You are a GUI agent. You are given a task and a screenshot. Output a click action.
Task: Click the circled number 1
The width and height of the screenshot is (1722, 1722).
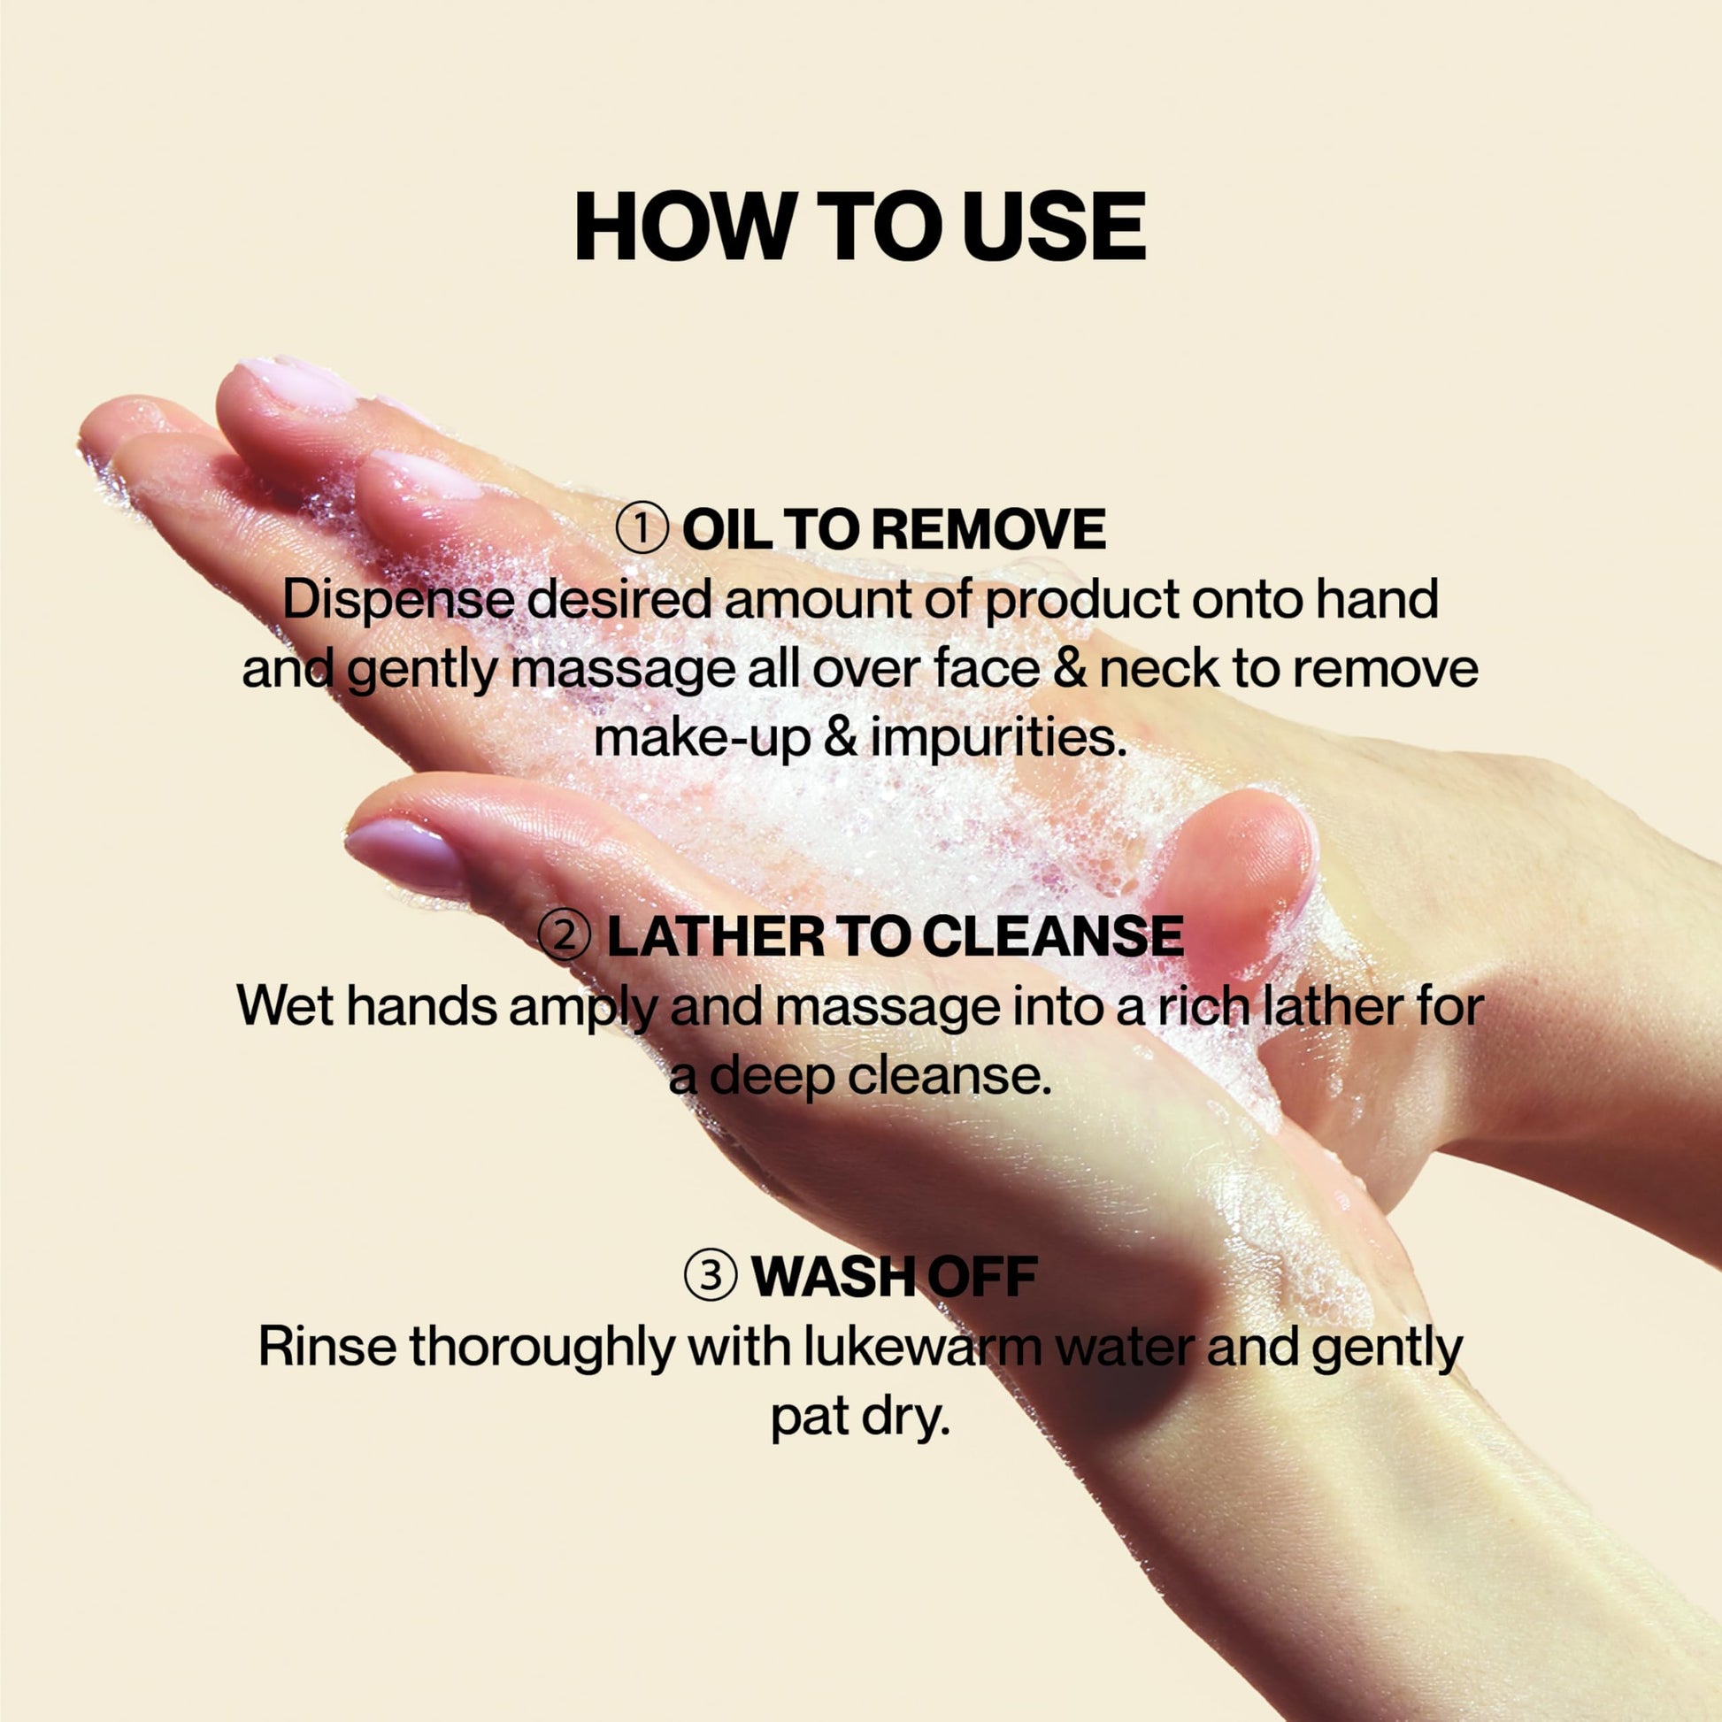tap(642, 529)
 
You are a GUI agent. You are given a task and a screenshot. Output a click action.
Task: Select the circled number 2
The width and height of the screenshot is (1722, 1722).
tap(565, 936)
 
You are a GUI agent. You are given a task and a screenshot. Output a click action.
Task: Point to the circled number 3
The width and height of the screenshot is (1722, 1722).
tap(711, 1276)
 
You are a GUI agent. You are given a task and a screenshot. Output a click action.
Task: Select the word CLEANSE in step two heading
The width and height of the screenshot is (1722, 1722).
tap(1053, 936)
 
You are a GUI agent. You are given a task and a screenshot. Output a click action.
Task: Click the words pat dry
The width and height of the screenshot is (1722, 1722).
tap(860, 1418)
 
